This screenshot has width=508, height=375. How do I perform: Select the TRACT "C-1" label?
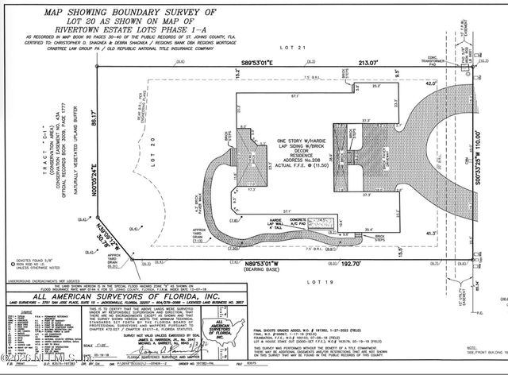click(x=29, y=153)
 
